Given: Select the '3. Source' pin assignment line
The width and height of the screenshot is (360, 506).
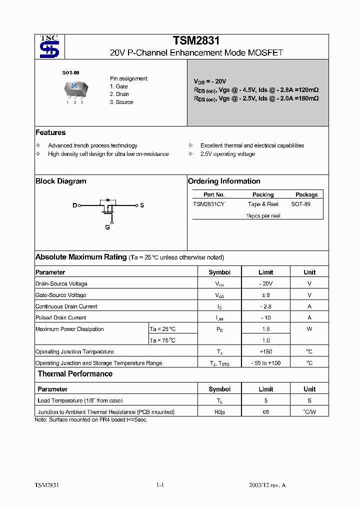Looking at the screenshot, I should point(121,102).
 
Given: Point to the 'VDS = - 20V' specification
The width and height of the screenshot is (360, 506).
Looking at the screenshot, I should point(210,81).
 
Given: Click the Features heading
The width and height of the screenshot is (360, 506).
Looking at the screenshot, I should point(50,132).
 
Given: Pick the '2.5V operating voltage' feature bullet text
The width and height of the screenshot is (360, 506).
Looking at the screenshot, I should point(227,154).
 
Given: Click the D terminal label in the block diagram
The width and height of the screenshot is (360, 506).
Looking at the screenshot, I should point(75,205).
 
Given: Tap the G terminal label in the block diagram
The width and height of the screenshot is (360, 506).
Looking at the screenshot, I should point(107,227).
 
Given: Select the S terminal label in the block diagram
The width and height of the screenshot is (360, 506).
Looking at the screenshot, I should point(142,205).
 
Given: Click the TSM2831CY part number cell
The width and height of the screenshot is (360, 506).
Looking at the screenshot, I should point(208,204).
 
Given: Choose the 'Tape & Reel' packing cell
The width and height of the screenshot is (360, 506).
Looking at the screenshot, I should point(263,204).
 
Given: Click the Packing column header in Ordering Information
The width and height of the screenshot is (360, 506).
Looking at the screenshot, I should point(263,194).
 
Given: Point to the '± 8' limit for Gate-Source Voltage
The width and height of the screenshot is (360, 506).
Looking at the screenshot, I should point(265,295).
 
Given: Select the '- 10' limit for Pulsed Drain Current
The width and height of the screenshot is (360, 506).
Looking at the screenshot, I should point(265,317).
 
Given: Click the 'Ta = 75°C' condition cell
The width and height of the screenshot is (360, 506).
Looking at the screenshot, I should point(162,340).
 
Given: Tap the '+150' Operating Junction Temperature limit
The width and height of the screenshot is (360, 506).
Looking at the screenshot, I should point(265,351).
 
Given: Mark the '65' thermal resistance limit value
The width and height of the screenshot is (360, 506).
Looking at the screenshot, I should point(265,412).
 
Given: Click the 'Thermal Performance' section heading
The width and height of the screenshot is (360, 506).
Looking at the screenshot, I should point(75,374).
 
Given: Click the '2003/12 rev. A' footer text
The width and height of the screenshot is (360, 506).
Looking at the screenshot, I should point(267,485).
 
